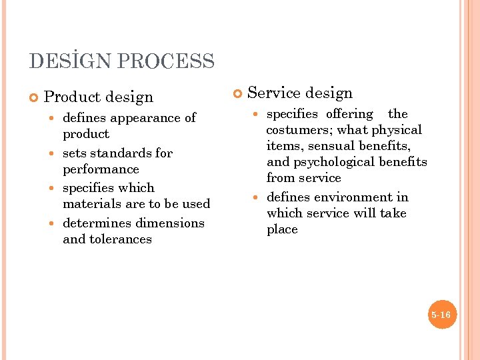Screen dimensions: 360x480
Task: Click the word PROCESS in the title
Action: pyautogui.click(x=165, y=62)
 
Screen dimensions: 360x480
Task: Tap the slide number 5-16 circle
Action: pyautogui.click(x=441, y=315)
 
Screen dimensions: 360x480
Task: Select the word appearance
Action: pyautogui.click(x=142, y=119)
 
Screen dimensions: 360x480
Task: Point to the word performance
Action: pyautogui.click(x=101, y=169)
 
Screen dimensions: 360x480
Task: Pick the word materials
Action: pyautogui.click(x=93, y=204)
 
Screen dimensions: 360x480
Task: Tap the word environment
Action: pyautogui.click(x=351, y=197)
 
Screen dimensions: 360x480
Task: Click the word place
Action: pyautogui.click(x=282, y=229)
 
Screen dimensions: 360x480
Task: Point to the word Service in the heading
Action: pyautogui.click(x=273, y=94)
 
